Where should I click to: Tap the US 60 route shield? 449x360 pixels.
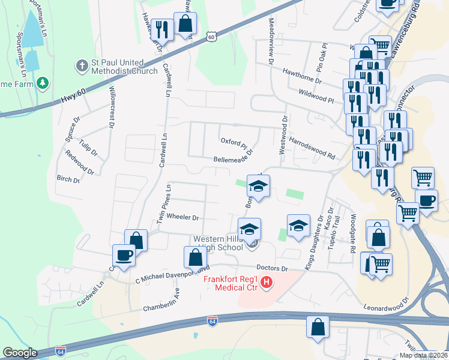point(210,37)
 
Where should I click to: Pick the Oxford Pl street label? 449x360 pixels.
point(234,144)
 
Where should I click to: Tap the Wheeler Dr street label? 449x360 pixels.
point(182,217)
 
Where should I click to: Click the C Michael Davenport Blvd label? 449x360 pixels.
point(173,274)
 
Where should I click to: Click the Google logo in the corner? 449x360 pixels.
point(20,353)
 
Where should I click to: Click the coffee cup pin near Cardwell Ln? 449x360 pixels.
point(124,256)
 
